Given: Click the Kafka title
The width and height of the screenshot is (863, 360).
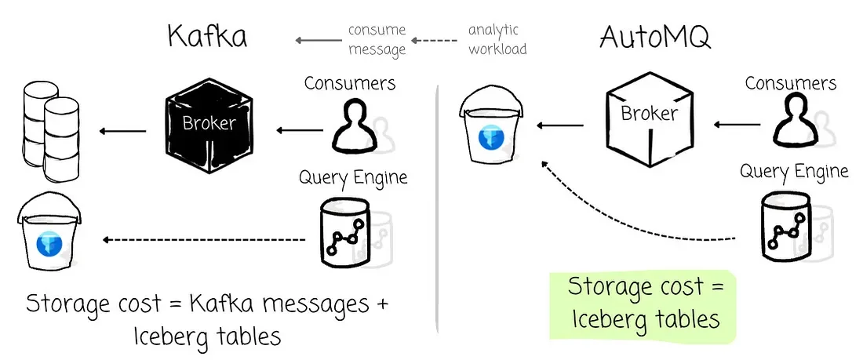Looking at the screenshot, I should pyautogui.click(x=207, y=37).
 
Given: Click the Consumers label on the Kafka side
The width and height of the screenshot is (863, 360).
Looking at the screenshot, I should pyautogui.click(x=350, y=82).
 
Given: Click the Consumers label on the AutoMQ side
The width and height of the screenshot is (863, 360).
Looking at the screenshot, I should pyautogui.click(x=791, y=82).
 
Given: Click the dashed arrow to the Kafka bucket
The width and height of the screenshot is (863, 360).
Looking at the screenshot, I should pyautogui.click(x=206, y=238).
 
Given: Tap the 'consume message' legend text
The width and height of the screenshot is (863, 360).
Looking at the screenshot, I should pyautogui.click(x=377, y=39).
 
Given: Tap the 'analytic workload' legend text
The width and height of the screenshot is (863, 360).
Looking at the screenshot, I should pyautogui.click(x=497, y=39).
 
